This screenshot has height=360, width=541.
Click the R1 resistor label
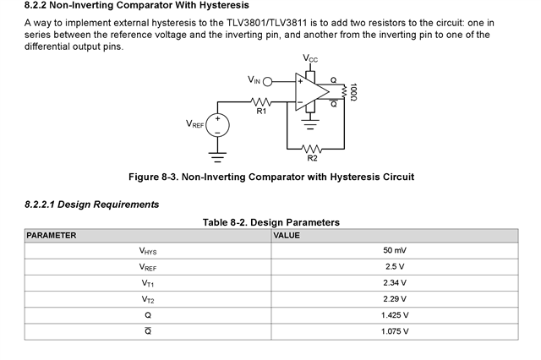261,112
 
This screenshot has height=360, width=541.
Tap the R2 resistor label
312,158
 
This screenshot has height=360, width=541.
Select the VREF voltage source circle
218,127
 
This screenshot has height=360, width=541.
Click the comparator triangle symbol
309,92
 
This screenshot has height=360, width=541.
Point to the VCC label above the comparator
310,57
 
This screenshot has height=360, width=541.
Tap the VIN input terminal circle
270,82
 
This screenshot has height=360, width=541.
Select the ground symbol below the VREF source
218,155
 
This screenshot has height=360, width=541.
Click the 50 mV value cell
394,251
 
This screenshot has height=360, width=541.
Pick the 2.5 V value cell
394,267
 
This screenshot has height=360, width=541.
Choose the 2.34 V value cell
394,283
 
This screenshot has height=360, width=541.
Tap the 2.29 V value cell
394,299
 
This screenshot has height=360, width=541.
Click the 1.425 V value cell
394,315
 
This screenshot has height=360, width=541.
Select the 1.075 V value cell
394,331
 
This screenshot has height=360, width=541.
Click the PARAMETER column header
51,235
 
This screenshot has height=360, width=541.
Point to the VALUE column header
287,235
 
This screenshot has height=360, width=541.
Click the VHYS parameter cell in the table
148,251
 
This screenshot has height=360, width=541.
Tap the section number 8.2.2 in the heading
38,6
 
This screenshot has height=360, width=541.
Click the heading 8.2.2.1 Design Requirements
92,204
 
